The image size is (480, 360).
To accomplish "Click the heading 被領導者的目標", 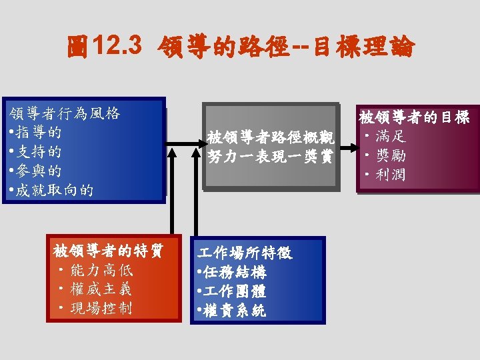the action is point(415,118).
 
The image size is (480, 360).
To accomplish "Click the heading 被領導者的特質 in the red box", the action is point(107,251).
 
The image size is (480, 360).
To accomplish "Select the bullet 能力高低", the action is point(104,270).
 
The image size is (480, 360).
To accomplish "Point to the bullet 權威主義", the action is point(104,289).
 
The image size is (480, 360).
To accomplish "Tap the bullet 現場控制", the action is point(104,308).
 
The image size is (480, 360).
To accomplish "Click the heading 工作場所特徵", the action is point(244,253).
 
